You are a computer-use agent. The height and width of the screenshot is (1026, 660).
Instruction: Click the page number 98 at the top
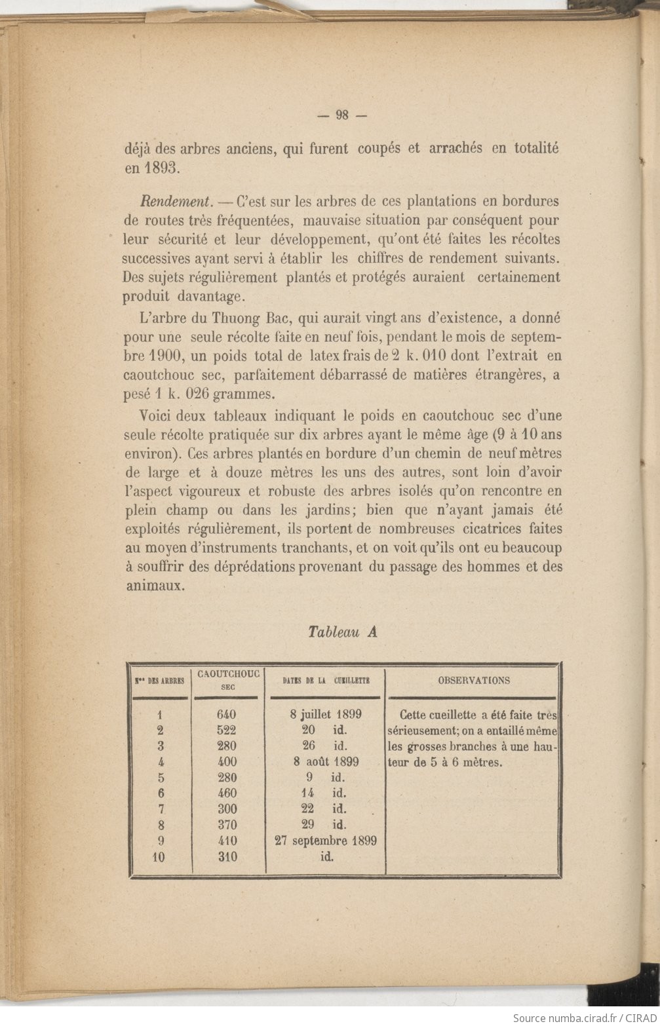(341, 115)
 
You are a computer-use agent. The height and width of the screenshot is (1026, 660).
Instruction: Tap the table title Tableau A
(342, 632)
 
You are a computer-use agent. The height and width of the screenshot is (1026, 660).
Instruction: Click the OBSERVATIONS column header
(473, 680)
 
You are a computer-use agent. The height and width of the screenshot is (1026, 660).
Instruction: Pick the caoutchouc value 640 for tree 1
(226, 714)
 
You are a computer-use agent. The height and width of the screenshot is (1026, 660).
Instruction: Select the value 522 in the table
(226, 730)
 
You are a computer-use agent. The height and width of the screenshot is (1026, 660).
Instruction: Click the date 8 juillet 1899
(326, 714)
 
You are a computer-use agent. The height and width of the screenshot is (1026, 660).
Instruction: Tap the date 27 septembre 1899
(326, 841)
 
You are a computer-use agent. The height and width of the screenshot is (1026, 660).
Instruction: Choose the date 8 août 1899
(326, 761)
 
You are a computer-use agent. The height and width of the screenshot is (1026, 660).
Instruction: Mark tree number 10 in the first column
(159, 857)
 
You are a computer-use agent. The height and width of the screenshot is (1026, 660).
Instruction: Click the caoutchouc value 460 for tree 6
(226, 793)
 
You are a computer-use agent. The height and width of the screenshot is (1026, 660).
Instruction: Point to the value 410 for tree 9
(226, 841)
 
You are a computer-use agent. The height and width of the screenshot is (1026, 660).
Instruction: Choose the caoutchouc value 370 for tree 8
(226, 825)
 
